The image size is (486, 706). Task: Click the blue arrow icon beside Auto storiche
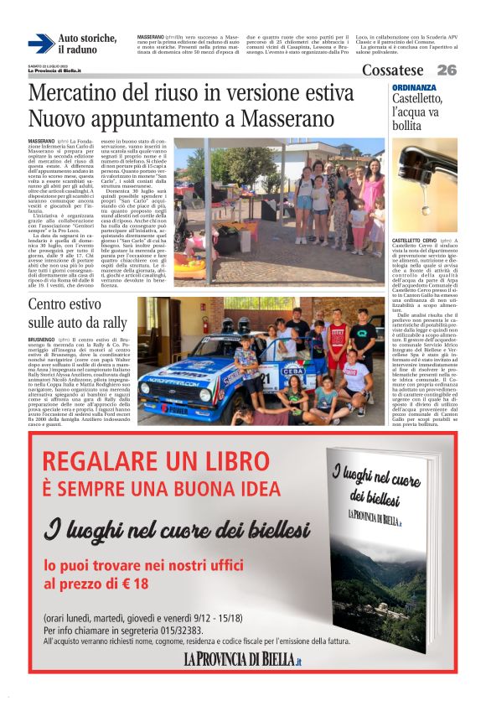41,44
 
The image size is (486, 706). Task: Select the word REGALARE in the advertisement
95,460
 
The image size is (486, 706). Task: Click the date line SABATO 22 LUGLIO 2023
52,66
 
